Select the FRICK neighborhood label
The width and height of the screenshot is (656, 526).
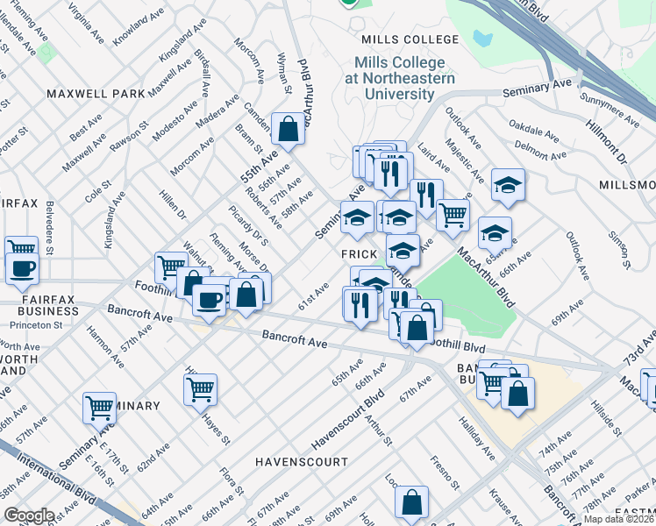(x=359, y=252)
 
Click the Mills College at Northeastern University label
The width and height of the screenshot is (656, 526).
(x=399, y=78)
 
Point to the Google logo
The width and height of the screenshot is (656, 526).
(x=29, y=515)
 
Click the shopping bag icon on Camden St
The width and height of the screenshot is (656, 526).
(x=288, y=130)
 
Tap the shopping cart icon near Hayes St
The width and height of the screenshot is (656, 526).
(x=201, y=387)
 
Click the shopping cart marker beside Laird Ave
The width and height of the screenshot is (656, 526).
(x=453, y=214)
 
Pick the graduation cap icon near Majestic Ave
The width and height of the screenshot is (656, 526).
(x=508, y=185)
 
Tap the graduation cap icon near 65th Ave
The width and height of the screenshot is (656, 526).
(x=495, y=233)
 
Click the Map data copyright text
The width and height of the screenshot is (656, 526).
(x=618, y=519)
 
